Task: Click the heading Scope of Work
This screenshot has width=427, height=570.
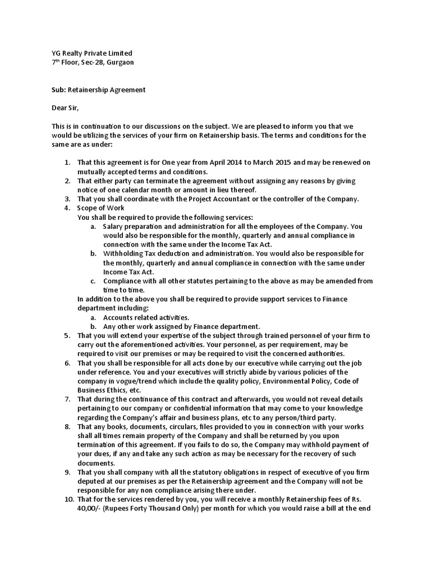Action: (x=101, y=208)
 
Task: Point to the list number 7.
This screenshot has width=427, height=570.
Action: (x=66, y=399)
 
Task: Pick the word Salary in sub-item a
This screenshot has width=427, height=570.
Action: (x=114, y=226)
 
